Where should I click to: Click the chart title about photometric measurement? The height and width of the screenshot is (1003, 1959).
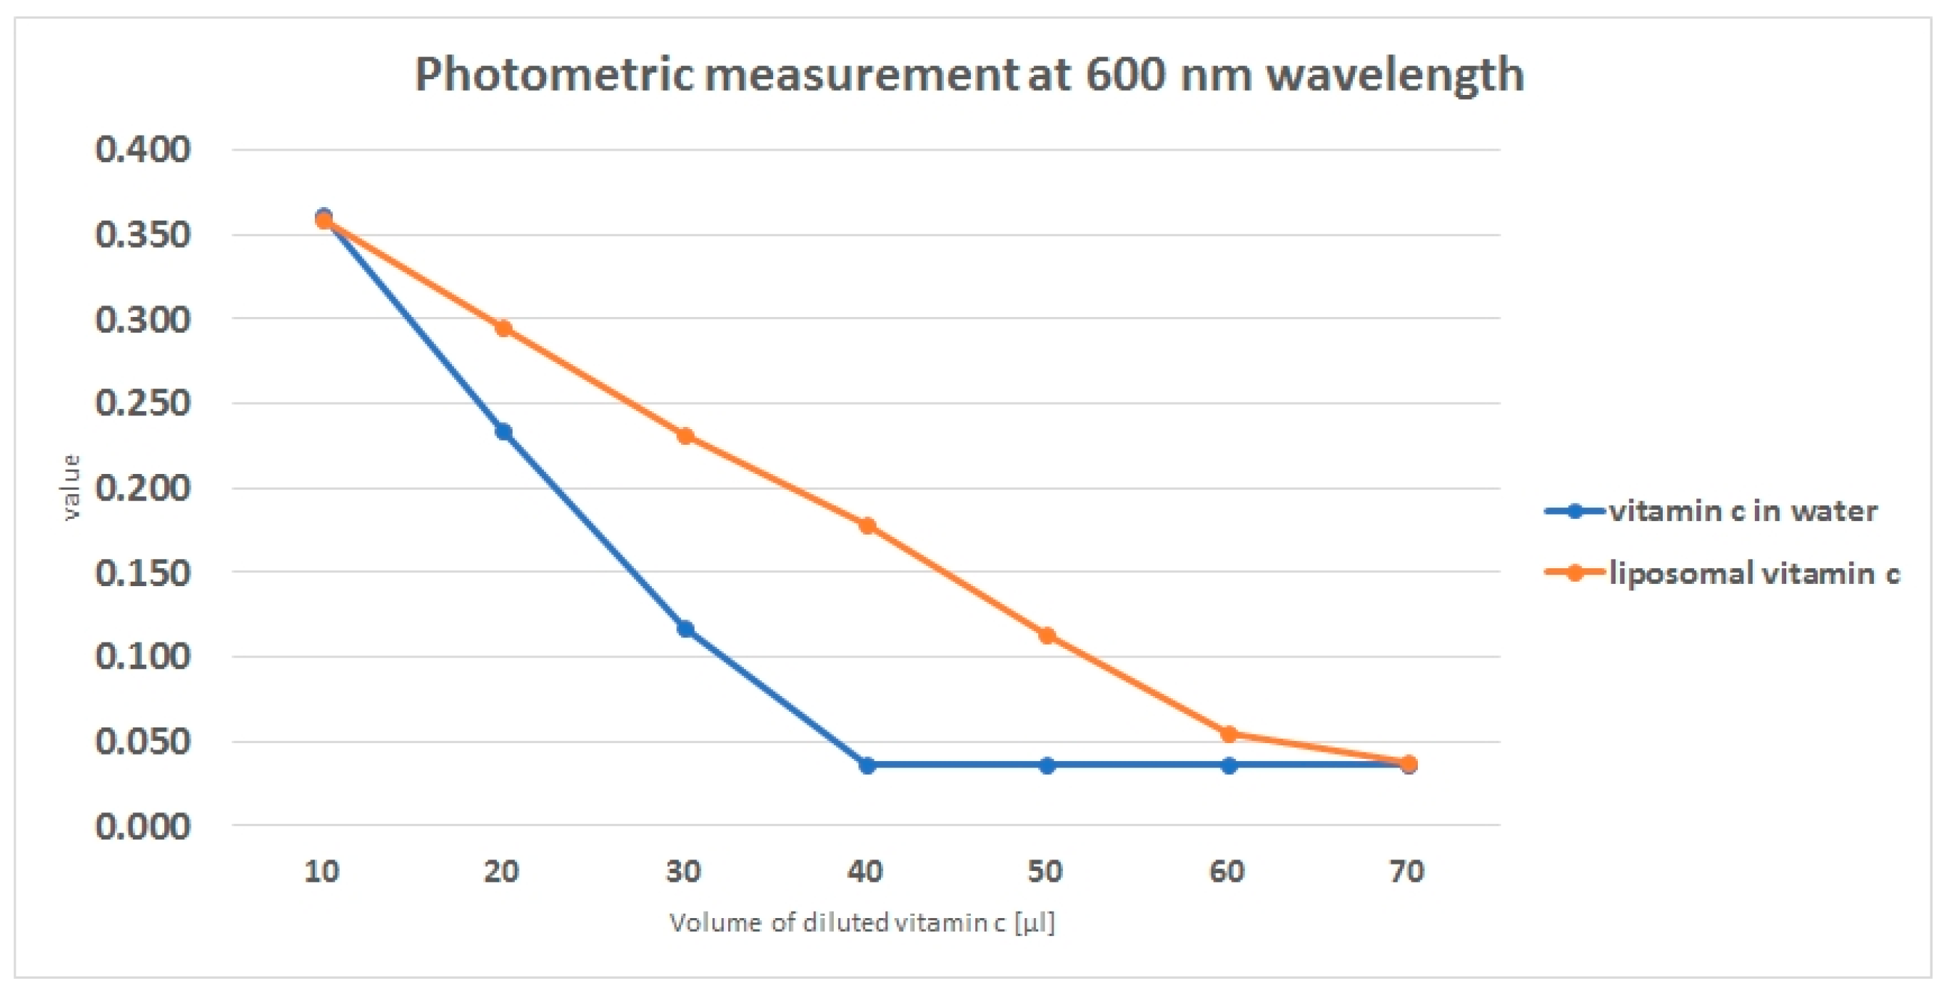969,75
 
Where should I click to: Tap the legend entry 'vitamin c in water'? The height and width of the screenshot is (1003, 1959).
1742,511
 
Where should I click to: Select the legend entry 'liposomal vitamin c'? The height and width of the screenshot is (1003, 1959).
1753,573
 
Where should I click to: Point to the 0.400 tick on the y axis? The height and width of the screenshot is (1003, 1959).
142,150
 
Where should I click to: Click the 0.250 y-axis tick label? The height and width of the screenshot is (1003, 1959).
142,403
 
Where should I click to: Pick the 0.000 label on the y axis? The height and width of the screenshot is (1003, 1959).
142,827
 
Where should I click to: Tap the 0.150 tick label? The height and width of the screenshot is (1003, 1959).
142,573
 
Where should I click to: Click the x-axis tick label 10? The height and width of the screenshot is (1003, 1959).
322,872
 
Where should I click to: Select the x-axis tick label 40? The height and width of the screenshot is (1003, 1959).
865,872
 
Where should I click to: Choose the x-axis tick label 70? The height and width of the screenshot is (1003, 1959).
1407,872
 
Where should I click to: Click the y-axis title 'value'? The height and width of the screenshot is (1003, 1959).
70,488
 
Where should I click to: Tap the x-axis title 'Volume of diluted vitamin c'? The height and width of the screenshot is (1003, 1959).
862,923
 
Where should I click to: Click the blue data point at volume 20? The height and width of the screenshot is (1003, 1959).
503,432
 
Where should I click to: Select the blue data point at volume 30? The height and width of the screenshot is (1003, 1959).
685,629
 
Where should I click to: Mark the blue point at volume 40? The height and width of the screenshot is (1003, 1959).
867,765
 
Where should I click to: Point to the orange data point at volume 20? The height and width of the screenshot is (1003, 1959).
503,328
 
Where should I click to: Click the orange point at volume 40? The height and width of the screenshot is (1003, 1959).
867,526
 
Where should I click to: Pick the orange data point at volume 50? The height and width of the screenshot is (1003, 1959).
1047,636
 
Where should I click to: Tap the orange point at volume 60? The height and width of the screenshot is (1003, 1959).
1229,734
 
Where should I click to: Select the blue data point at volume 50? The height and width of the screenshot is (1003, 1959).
1047,765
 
